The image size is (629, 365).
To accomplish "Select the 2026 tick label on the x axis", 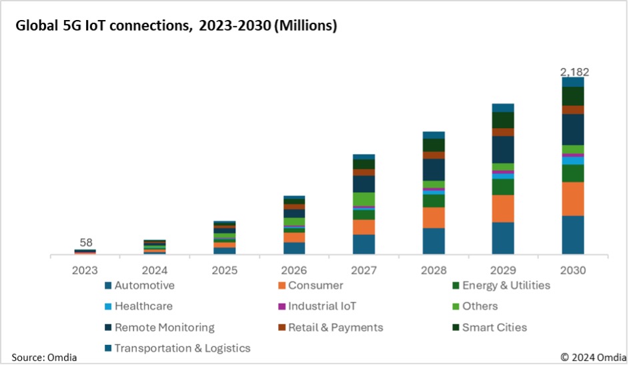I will tap(294, 270).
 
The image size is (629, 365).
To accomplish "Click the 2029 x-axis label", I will tap(503, 270).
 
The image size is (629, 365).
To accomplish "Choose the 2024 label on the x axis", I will tap(155, 270).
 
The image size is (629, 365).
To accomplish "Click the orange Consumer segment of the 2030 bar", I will tap(573, 198).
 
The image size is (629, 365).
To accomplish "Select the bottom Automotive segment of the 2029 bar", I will tap(503, 238).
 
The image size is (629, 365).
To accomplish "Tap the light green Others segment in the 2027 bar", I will tap(364, 199).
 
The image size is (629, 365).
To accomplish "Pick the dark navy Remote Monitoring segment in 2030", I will tap(573, 129).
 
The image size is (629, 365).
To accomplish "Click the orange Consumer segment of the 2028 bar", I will tap(434, 218).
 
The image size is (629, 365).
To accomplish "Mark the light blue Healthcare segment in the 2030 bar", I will tap(573, 161).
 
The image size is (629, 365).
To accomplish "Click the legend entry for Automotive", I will tap(144, 286).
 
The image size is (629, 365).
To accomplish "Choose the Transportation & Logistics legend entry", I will tap(182, 348).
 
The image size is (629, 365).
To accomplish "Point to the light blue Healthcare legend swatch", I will tap(108, 307).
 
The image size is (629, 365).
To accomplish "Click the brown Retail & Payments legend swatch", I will tap(282, 328).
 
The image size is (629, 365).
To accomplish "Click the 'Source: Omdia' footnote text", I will tap(44, 357).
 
